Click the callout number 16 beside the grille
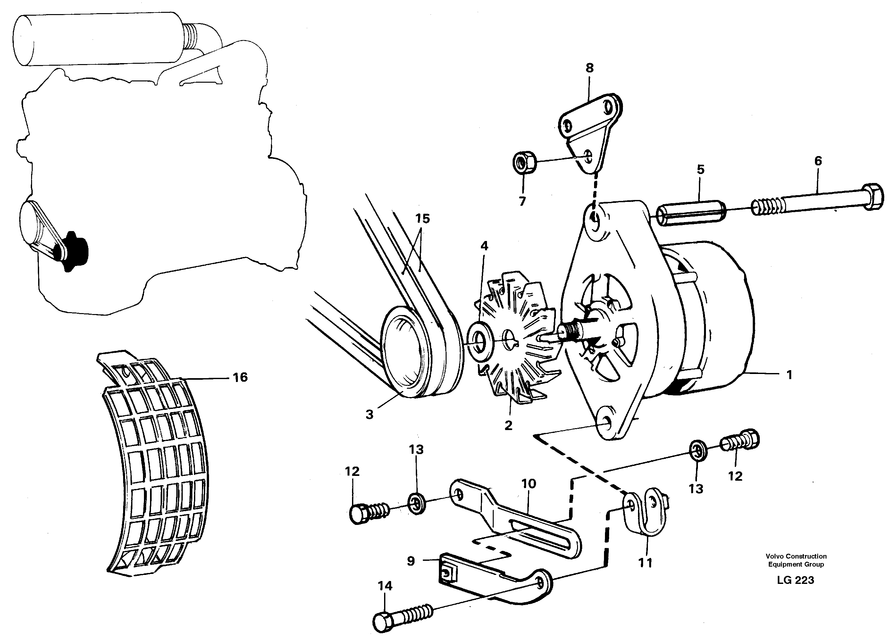(240, 377)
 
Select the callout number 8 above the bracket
(590, 68)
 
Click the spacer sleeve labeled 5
(692, 214)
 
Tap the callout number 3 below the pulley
(369, 414)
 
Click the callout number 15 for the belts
(423, 219)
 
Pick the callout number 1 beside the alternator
(789, 375)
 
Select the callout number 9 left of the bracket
(410, 561)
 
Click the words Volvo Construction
(796, 556)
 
